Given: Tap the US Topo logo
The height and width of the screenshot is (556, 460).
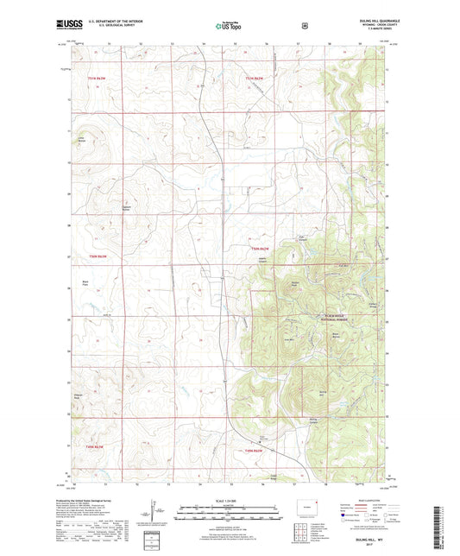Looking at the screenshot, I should click(229, 27).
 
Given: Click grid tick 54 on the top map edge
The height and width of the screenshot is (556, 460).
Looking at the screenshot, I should click(204, 41).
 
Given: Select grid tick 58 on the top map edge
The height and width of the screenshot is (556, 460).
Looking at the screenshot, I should click(329, 41).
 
